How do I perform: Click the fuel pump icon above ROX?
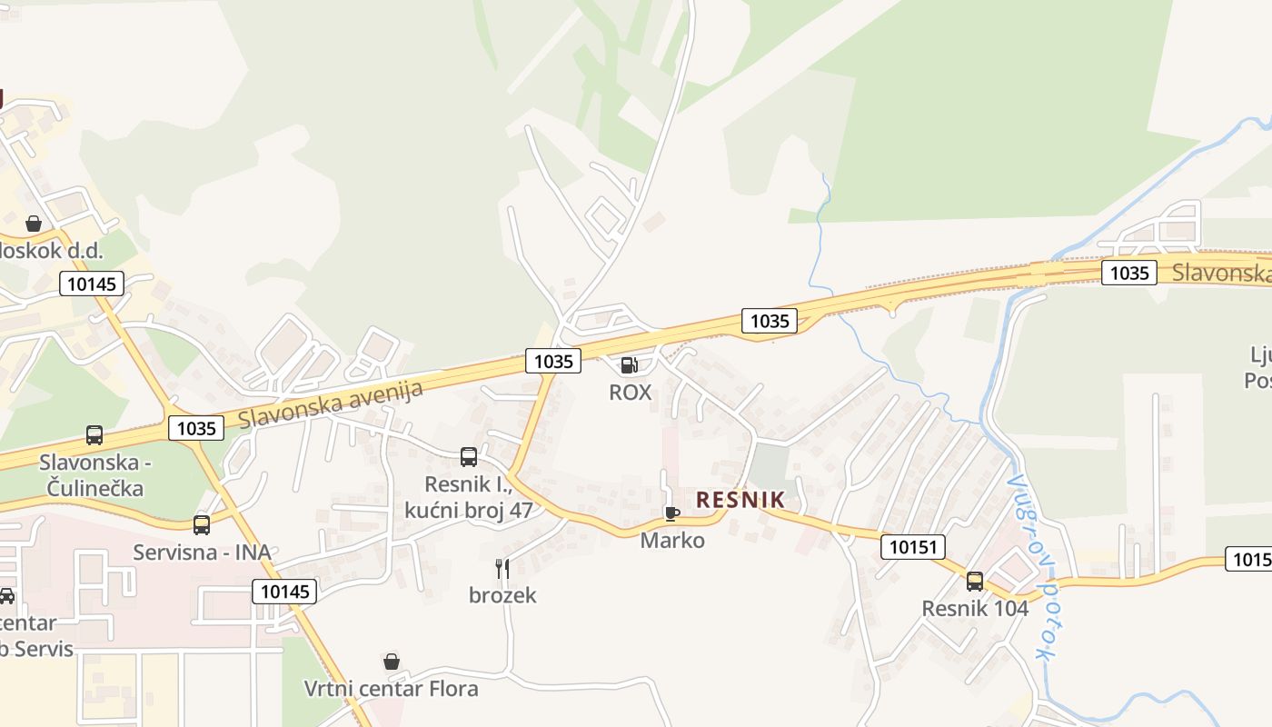point(628,365)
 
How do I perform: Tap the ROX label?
point(631,393)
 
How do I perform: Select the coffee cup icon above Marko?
point(672,513)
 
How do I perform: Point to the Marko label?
point(672,541)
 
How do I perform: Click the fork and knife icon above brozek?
point(502,569)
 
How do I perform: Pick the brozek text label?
point(502,596)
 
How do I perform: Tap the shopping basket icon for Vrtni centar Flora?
point(392,662)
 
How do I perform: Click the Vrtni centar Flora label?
point(392,689)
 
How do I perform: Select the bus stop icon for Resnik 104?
point(975,582)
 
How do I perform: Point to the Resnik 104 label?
point(975,609)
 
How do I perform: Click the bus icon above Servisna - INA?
point(202,524)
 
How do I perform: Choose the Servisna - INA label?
point(202,553)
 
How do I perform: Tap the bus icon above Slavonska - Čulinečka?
point(94,435)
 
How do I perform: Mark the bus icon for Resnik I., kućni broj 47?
point(469,457)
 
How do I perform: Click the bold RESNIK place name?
point(740,500)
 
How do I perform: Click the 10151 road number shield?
point(912,547)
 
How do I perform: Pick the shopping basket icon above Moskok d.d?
point(34,224)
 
